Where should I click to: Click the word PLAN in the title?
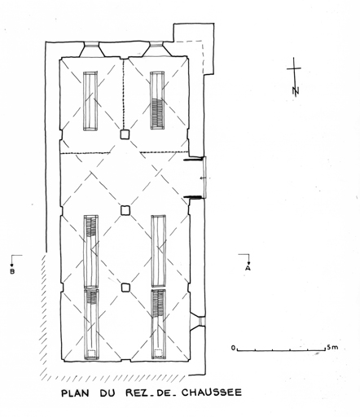click(x=75, y=393)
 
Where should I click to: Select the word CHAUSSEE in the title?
click(x=212, y=393)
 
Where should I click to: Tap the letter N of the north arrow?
click(x=296, y=91)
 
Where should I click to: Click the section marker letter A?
click(x=248, y=268)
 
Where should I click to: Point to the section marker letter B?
click(x=12, y=271)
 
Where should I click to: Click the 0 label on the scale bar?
click(x=233, y=348)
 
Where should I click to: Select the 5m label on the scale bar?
click(x=332, y=347)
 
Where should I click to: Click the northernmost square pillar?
click(x=125, y=134)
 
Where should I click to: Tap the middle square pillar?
click(x=125, y=210)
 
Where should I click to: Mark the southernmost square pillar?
click(x=125, y=288)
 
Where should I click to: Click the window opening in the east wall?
click(x=198, y=321)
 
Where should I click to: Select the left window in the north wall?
click(x=91, y=49)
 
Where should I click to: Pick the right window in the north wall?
click(x=156, y=49)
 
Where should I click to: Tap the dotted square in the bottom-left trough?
click(x=91, y=353)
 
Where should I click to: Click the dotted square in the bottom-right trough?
click(x=159, y=353)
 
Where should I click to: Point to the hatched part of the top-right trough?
click(x=157, y=114)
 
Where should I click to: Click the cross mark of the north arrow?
click(x=294, y=68)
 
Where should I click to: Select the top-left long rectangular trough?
click(x=90, y=101)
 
